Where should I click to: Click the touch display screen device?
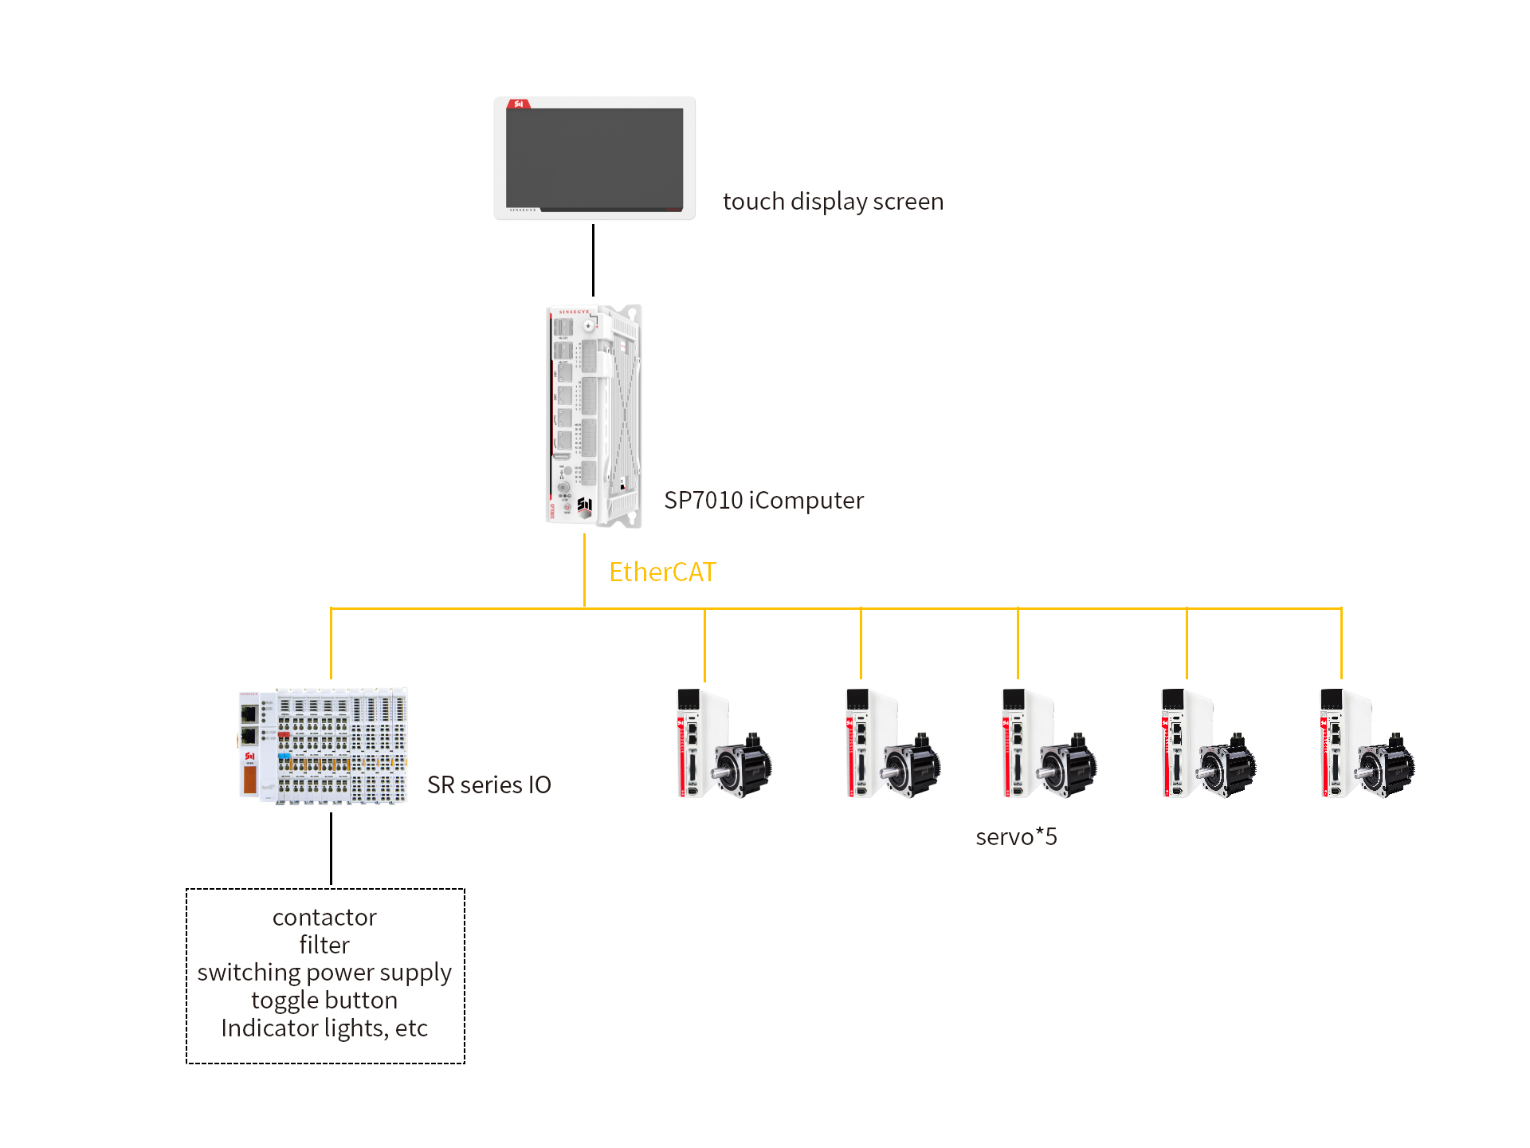(x=594, y=158)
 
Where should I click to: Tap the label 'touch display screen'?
(x=833, y=202)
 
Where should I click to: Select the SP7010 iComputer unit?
(x=594, y=415)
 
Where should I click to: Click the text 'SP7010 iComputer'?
(x=763, y=500)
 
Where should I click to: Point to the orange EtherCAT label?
(x=662, y=572)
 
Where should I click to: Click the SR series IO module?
(x=323, y=745)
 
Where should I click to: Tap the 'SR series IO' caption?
(x=488, y=784)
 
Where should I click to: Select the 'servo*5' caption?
(x=1016, y=836)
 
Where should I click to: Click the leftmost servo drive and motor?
(x=724, y=743)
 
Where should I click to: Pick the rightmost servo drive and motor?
(x=1367, y=743)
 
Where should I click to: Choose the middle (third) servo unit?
(x=1049, y=743)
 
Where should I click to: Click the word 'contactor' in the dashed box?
(x=324, y=917)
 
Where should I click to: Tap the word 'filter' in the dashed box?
(x=324, y=945)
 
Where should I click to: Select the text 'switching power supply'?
(x=324, y=973)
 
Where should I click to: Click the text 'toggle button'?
(x=324, y=1001)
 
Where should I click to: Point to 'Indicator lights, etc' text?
(x=324, y=1028)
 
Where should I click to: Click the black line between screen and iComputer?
(x=593, y=260)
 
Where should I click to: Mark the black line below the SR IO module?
(x=331, y=848)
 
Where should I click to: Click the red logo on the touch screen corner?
(x=519, y=104)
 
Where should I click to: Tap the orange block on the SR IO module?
(x=249, y=780)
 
